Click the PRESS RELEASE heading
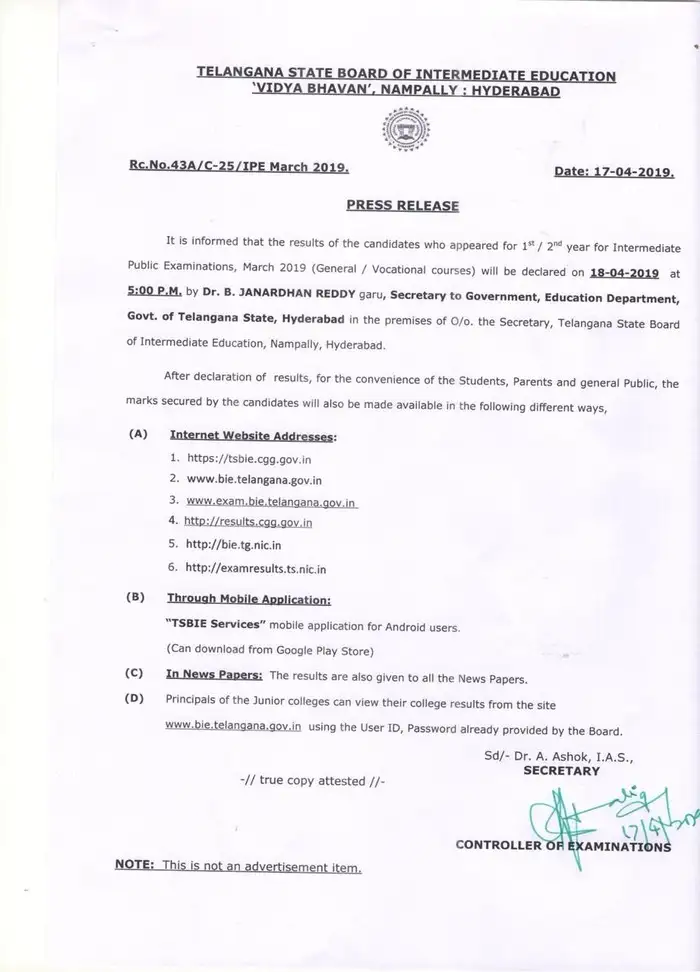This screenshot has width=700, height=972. pos(402,206)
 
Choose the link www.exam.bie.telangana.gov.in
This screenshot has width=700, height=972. pos(272,500)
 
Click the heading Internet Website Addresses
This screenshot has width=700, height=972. pos(253,437)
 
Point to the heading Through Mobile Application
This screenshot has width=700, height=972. pos(248,599)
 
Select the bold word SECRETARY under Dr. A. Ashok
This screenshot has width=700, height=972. pos(562,771)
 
